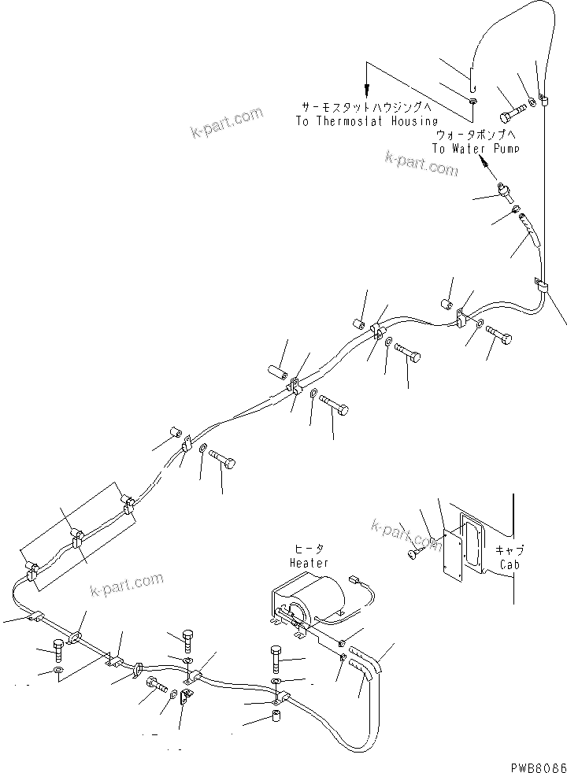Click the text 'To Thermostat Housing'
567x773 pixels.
(x=366, y=121)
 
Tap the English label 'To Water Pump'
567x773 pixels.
(x=475, y=148)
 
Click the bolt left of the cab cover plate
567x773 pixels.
(x=414, y=555)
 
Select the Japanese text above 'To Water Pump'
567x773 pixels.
(x=475, y=135)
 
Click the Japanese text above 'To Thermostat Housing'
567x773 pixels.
(x=366, y=107)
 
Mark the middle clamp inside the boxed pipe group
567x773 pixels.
(x=77, y=542)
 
